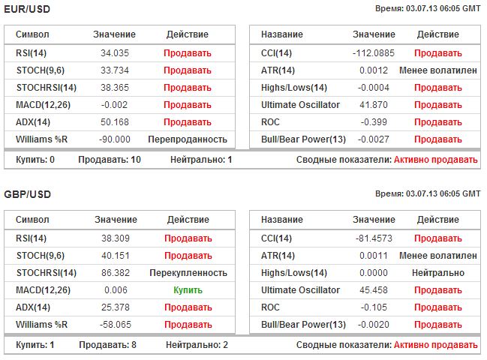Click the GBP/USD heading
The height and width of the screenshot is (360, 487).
[x=28, y=193]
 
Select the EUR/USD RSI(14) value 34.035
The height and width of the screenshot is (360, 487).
[x=114, y=53]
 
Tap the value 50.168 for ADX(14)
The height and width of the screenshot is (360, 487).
[x=114, y=122]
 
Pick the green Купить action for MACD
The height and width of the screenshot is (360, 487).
[x=188, y=290]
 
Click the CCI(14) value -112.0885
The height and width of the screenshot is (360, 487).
[x=374, y=53]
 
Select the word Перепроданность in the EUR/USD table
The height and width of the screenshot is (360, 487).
[x=188, y=139]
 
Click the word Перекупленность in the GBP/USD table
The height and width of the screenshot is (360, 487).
[x=188, y=273]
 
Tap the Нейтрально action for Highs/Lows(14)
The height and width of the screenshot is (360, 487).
[x=437, y=273]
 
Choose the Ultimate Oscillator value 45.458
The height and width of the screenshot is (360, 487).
[x=374, y=290]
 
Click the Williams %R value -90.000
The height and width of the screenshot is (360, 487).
[x=114, y=139]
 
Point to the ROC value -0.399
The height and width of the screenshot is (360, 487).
[x=374, y=122]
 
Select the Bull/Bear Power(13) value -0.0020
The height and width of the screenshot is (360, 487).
[x=374, y=325]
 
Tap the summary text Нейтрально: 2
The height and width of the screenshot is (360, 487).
[x=197, y=345]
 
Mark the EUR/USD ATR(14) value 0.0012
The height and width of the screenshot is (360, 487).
[x=374, y=70]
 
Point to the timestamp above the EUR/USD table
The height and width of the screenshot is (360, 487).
[x=428, y=8]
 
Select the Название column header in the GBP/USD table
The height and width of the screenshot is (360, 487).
[x=282, y=220]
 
